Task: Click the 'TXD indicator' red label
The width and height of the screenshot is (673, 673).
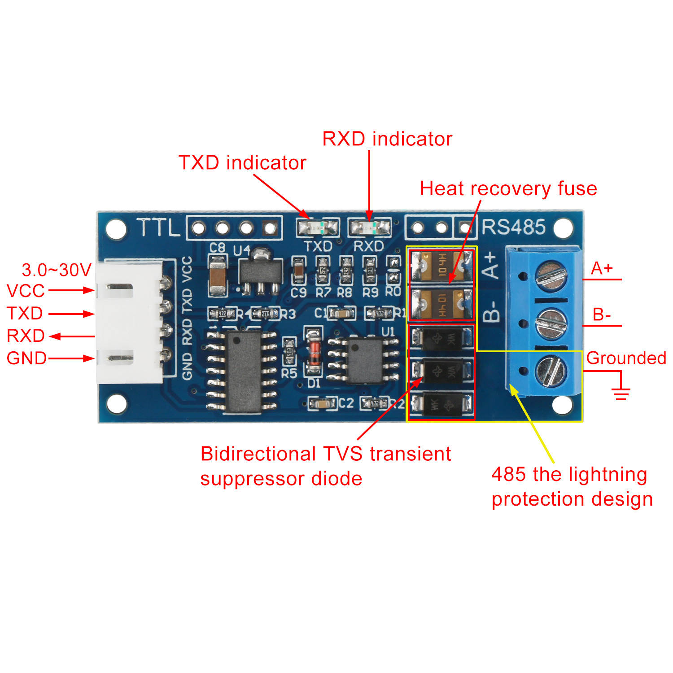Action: tap(242, 163)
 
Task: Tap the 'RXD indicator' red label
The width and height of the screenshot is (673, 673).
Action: tap(387, 139)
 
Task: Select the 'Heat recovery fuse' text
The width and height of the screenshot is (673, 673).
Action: tap(508, 189)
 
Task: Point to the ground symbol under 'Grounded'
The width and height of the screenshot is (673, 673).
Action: tap(621, 393)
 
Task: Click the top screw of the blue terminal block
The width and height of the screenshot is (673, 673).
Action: tap(551, 275)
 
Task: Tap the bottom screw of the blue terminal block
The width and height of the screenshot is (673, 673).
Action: tap(551, 371)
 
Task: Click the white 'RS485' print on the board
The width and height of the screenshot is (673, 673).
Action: tap(514, 227)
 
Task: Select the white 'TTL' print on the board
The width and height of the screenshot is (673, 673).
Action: tap(157, 227)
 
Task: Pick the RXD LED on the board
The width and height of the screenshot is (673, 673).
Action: tap(369, 228)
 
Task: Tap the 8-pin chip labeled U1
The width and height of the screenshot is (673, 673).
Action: tap(364, 360)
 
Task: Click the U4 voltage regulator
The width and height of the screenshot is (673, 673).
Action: tap(261, 272)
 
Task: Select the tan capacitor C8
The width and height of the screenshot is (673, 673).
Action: tap(218, 274)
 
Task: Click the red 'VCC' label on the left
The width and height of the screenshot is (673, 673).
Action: tap(26, 291)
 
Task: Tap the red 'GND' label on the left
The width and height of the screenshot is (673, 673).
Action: tap(26, 358)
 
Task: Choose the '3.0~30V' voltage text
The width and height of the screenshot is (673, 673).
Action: tap(57, 270)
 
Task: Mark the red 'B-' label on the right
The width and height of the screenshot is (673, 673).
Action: tap(601, 315)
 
